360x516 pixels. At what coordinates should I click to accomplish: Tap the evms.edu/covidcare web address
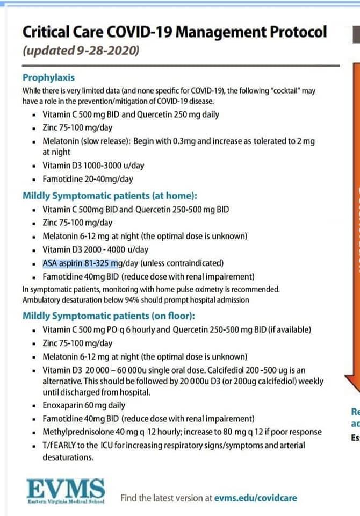(x=255, y=498)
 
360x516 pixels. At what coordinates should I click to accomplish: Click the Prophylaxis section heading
(x=48, y=77)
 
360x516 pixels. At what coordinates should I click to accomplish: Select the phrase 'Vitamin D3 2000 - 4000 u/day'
(x=95, y=249)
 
